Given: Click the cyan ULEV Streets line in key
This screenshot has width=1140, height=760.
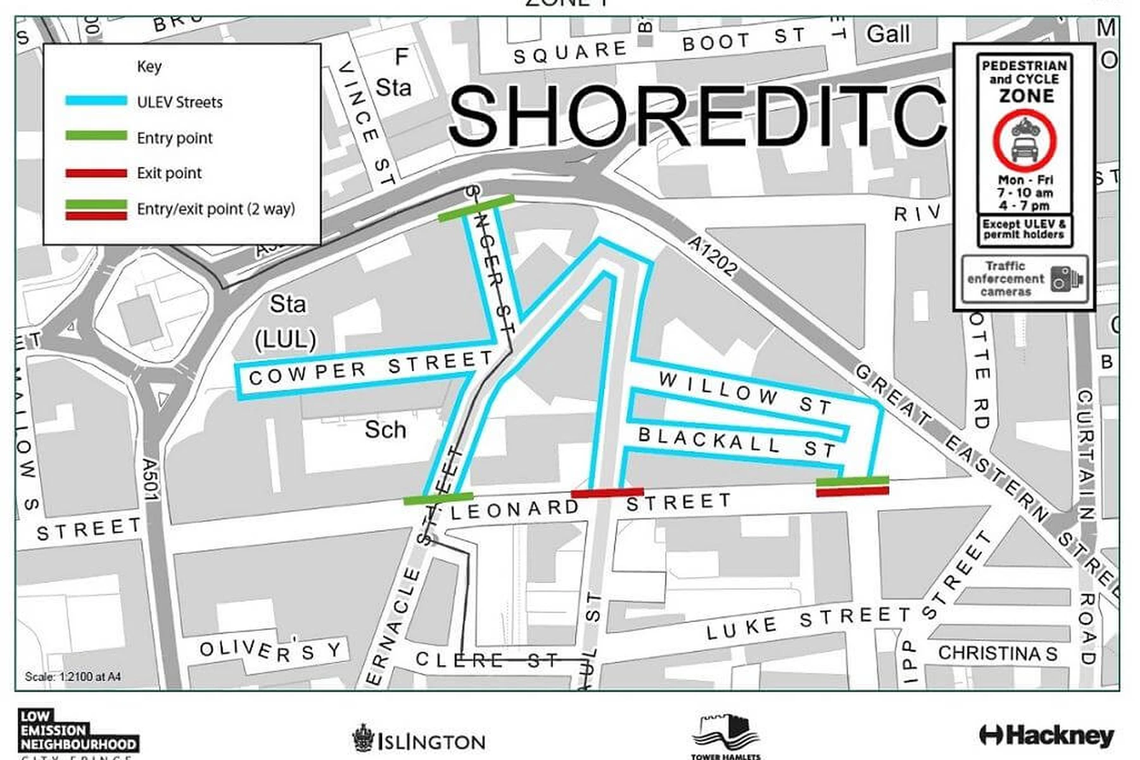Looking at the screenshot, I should [x=96, y=101].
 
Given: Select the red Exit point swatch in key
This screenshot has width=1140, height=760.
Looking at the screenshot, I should [x=96, y=173].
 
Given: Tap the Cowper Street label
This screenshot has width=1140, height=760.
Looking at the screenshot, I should [x=370, y=369].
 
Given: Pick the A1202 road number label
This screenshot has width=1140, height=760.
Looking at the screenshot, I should [x=713, y=256].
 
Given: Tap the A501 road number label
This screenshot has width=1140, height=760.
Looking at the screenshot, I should [x=151, y=479].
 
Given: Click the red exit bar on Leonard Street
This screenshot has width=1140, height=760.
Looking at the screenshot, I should [x=607, y=492].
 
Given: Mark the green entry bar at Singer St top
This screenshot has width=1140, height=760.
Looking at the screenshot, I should [x=476, y=208].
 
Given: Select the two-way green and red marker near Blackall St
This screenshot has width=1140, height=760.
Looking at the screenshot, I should [x=852, y=486].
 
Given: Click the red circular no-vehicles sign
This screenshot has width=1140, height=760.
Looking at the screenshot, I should [x=1024, y=142].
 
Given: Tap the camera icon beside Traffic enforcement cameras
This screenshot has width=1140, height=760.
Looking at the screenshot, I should [x=1066, y=279].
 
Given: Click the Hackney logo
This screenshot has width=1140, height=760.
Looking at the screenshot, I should [x=1046, y=735].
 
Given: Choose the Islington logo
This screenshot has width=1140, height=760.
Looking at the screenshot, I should [x=419, y=740].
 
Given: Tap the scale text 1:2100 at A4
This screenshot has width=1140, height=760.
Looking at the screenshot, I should [x=73, y=676].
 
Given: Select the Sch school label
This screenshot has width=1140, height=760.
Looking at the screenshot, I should [x=385, y=430].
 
